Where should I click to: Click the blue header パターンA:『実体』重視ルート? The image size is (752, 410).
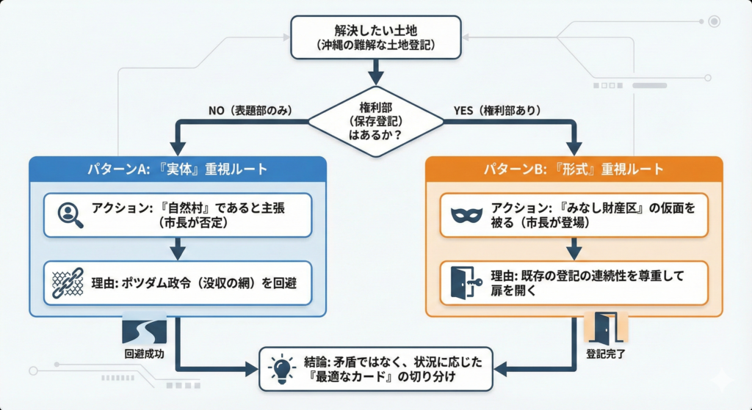[178, 169]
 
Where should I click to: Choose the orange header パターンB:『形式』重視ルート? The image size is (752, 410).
[574, 169]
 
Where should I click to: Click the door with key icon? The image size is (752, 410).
[465, 283]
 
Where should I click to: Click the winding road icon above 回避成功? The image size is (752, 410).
[144, 332]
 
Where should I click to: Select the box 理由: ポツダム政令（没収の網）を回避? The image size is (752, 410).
[177, 282]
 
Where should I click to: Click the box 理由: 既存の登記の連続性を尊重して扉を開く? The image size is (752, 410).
[574, 283]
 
